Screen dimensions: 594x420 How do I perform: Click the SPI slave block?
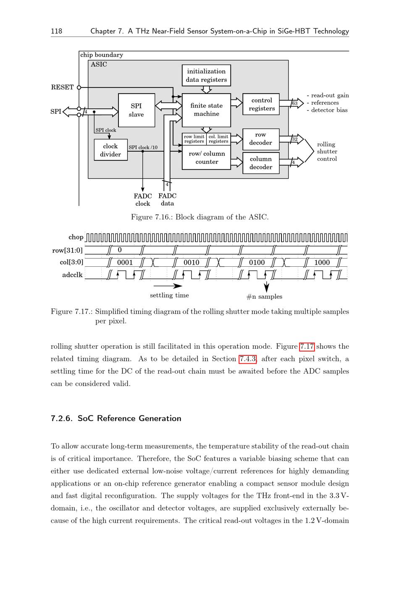pos(136,110)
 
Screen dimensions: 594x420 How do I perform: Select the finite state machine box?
pos(206,110)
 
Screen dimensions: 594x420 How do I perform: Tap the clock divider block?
pos(110,150)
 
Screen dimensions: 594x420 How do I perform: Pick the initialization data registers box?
pos(206,75)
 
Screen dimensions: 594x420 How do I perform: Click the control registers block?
pos(261,104)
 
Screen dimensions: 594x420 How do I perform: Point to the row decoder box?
pos(261,139)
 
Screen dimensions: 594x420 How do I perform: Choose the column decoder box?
pos(261,163)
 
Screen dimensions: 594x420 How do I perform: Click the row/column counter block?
pos(206,158)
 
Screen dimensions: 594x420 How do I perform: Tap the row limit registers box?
pos(194,139)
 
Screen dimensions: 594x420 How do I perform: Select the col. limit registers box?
pos(218,139)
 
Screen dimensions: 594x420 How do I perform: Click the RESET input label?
pos(62,87)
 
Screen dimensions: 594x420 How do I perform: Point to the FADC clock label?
pos(143,200)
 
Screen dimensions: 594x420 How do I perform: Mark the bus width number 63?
pos(295,103)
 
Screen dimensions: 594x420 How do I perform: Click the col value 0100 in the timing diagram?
pos(257,263)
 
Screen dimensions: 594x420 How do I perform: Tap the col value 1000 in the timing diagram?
pos(322,263)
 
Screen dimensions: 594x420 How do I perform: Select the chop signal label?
pos(76,237)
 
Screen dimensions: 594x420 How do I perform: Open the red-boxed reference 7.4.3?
pos(248,359)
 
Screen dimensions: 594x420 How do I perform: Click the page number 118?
pos(56,31)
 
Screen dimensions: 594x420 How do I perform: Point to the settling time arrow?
pos(168,286)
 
